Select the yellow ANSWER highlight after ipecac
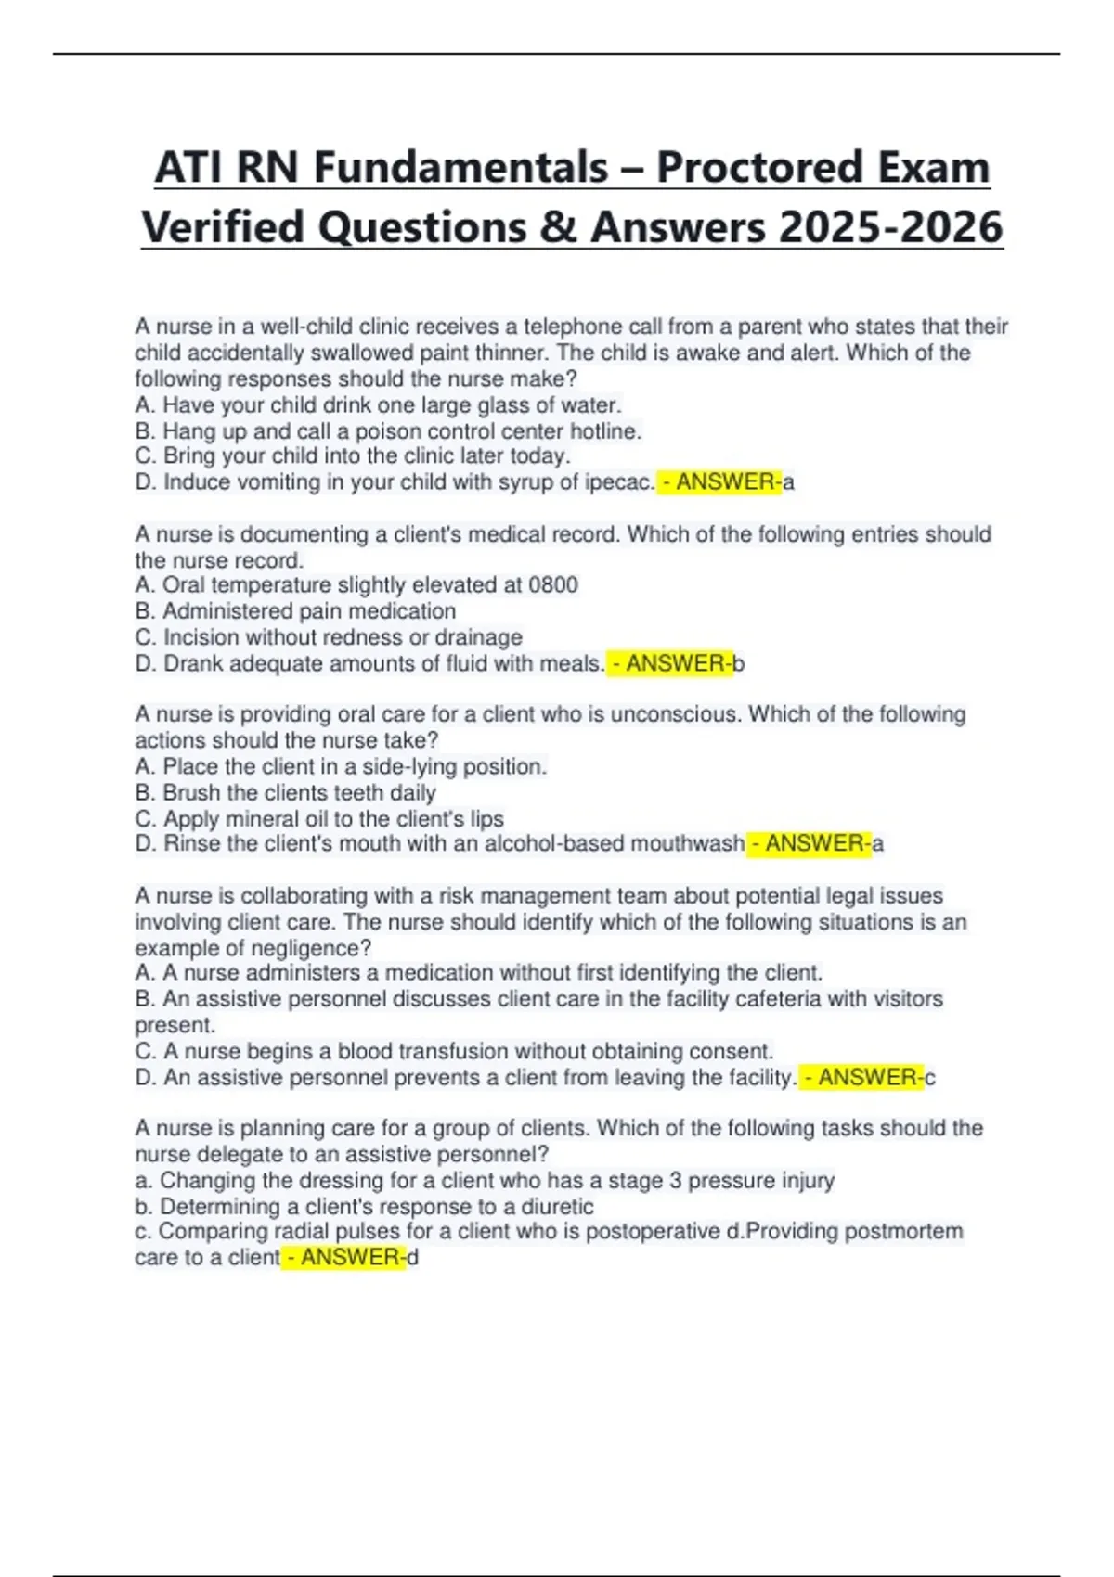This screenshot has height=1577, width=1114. point(719,482)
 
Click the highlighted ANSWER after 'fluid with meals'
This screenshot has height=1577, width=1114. point(669,664)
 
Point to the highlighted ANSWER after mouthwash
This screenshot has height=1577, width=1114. point(810,844)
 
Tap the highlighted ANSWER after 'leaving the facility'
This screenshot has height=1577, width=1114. point(861,1078)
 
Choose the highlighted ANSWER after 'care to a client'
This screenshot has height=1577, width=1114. point(343,1258)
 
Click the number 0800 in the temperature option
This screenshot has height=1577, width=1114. point(553,585)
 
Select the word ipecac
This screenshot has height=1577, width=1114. point(619,482)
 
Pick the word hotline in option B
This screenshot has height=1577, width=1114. point(604,431)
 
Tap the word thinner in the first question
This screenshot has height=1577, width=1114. point(512,353)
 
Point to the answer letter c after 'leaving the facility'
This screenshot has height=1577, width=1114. point(930,1078)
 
